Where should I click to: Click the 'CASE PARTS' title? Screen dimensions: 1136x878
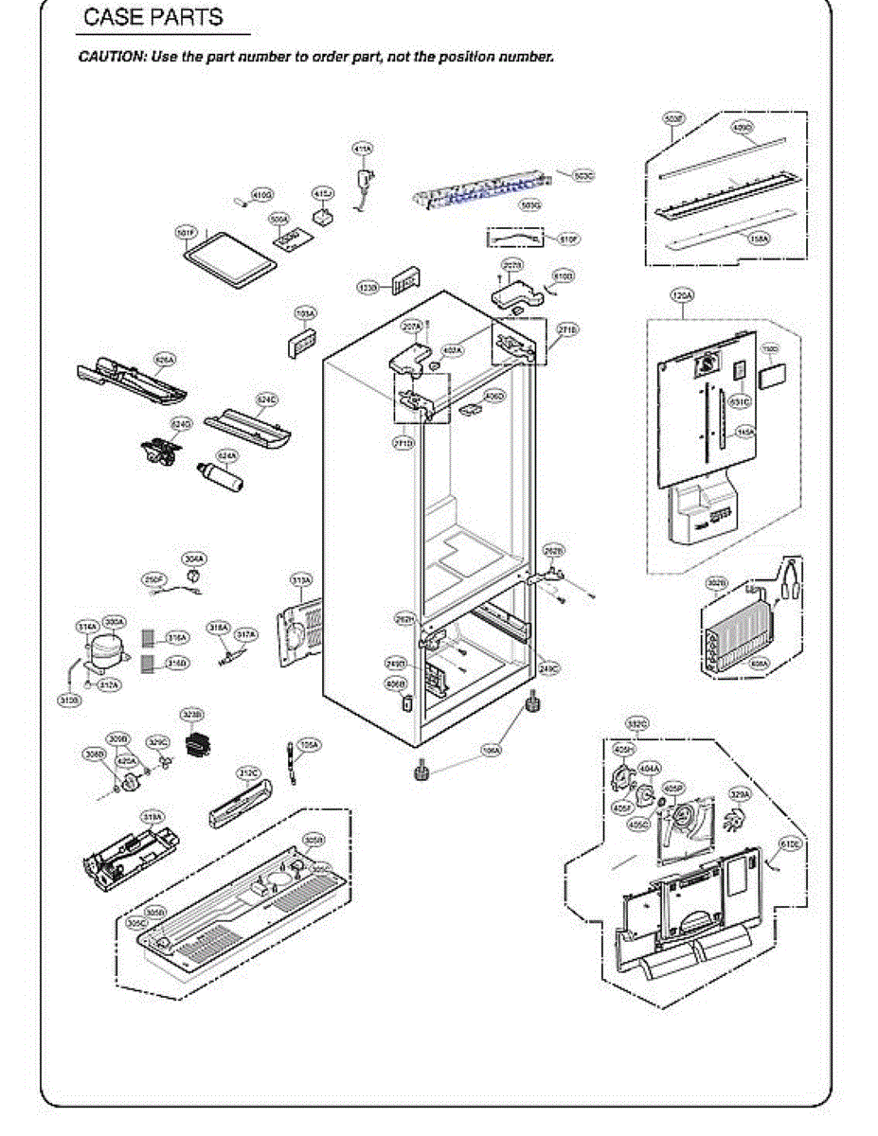pyautogui.click(x=153, y=18)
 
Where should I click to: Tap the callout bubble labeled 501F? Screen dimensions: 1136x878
pyautogui.click(x=187, y=232)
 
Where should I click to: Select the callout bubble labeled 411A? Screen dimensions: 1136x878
pyautogui.click(x=363, y=149)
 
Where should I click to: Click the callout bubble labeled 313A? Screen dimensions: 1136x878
pyautogui.click(x=301, y=578)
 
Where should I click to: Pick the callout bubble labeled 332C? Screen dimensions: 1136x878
pyautogui.click(x=637, y=724)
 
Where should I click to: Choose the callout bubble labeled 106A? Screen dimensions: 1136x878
pyautogui.click(x=491, y=750)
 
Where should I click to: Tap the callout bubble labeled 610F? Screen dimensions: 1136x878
pyautogui.click(x=568, y=240)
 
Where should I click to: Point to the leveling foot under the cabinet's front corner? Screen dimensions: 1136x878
pyautogui.click(x=421, y=771)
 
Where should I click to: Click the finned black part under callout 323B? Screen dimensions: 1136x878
pyautogui.click(x=197, y=744)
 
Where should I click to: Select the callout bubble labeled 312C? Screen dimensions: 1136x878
pyautogui.click(x=248, y=773)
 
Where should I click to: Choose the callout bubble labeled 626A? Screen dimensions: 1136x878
pyautogui.click(x=165, y=360)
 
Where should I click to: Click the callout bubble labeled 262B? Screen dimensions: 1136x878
pyautogui.click(x=554, y=550)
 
